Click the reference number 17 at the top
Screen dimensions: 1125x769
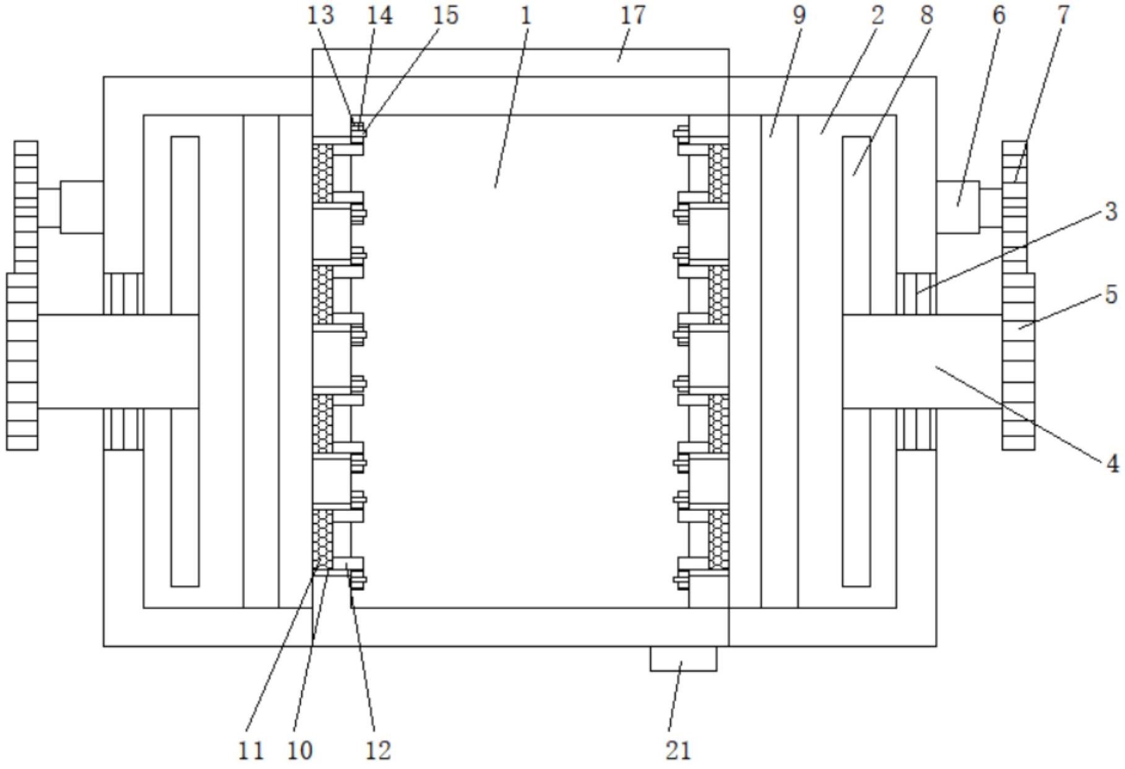tap(632, 15)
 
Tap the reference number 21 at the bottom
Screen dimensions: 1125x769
tap(678, 750)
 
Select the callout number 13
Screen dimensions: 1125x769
tap(321, 15)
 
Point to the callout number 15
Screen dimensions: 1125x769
tap(445, 15)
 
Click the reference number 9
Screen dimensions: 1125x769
tap(799, 15)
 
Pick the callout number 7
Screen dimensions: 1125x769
tap(1063, 15)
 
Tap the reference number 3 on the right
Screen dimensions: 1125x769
tap(1111, 212)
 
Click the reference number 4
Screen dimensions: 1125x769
tap(1112, 463)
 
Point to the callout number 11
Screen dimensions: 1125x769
tap(251, 750)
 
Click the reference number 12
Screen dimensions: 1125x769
tap(378, 750)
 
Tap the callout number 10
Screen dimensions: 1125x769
tap(300, 750)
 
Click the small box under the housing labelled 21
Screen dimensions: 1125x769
tap(683, 658)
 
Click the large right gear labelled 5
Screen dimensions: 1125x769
tap(1018, 361)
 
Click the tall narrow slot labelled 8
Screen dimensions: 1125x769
tap(856, 361)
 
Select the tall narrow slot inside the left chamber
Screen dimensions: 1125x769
tap(185, 361)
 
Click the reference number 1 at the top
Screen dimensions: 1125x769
tap(526, 15)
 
